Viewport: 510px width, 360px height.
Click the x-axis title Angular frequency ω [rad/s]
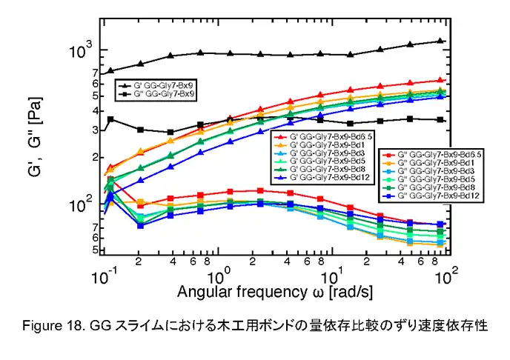tap(274, 293)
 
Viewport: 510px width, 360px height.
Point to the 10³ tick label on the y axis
tap(79, 52)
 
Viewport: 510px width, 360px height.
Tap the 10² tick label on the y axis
tap(79, 205)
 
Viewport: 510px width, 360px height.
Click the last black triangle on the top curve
tap(441, 41)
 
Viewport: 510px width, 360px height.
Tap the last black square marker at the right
tap(441, 120)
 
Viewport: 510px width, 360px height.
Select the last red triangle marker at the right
tap(441, 81)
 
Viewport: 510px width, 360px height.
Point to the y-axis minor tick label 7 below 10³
tap(95, 73)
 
